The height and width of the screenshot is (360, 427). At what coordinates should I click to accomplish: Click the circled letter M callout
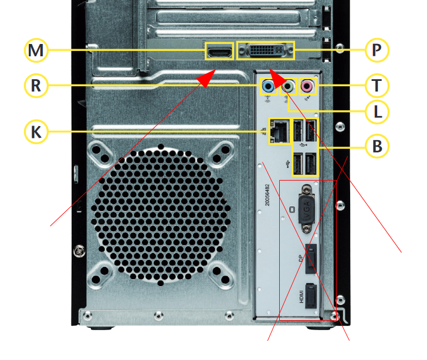coord(36,50)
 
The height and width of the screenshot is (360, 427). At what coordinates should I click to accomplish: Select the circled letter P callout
coord(377,50)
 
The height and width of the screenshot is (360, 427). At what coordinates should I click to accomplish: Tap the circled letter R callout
coord(36,86)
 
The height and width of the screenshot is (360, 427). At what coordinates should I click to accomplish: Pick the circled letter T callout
coord(377,85)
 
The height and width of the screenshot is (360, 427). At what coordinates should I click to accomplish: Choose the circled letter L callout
coord(377,111)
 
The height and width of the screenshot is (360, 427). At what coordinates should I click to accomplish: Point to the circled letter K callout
coord(36,132)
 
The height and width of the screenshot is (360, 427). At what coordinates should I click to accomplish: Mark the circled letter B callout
coord(377,146)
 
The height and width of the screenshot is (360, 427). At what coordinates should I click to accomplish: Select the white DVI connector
coord(266,50)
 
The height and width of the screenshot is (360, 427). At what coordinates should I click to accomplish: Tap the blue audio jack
coord(268,87)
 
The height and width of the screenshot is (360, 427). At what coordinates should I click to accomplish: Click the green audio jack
coord(287,87)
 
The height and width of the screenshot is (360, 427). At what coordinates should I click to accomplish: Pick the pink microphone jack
coord(307,87)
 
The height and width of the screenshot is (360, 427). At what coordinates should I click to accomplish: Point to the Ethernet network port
coord(279,131)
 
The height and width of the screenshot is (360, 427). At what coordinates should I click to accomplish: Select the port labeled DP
coord(311,259)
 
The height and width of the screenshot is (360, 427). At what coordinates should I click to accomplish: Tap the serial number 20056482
coord(267,195)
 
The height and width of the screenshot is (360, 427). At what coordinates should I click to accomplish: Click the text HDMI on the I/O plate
coord(301,297)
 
